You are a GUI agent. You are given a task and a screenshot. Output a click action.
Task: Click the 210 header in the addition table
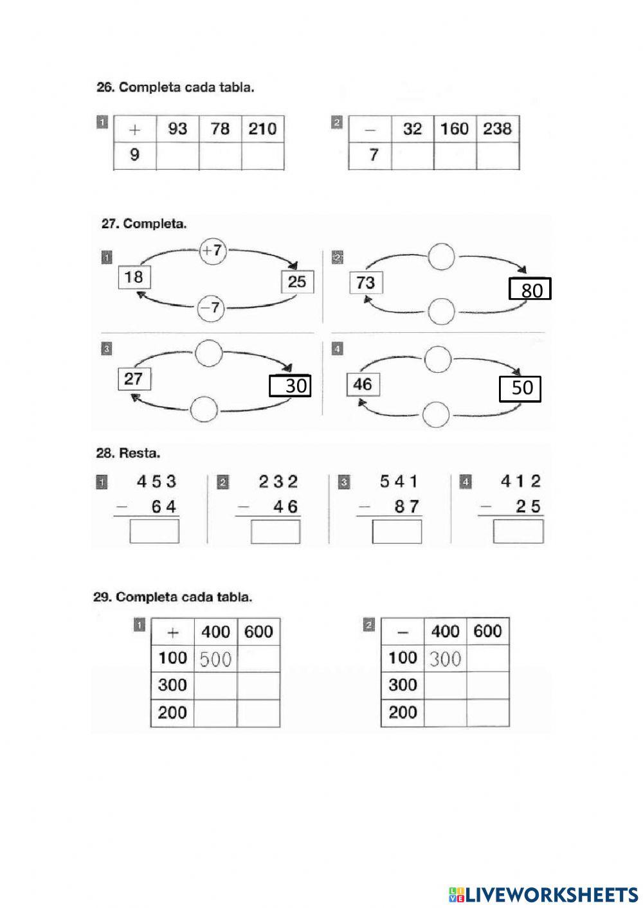tap(262, 129)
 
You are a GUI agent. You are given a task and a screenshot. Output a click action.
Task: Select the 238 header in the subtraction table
tap(498, 129)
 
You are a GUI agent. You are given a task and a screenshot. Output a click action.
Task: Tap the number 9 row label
tap(134, 154)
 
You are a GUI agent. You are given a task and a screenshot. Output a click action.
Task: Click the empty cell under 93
tap(177, 156)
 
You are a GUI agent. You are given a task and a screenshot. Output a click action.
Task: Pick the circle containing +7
tap(213, 251)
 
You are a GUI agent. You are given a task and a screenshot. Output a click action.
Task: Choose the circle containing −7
tap(210, 308)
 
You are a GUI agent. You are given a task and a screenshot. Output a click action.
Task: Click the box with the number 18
tap(134, 277)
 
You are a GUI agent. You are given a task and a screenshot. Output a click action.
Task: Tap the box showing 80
tap(530, 289)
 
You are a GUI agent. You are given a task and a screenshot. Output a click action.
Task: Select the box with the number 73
tap(366, 283)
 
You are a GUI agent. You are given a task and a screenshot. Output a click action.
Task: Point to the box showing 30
tap(290, 386)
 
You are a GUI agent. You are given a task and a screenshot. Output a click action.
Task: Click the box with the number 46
tap(363, 384)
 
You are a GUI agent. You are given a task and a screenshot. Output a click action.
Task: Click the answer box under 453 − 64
tap(154, 531)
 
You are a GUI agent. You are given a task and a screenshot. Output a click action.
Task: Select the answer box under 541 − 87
tap(397, 531)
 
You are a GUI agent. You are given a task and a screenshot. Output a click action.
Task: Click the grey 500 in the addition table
tap(215, 659)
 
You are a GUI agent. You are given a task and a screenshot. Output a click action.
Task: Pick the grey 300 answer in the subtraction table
tap(445, 659)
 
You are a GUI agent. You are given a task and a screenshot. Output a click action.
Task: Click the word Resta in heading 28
tap(140, 453)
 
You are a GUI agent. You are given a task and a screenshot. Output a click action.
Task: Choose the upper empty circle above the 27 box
tap(209, 353)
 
